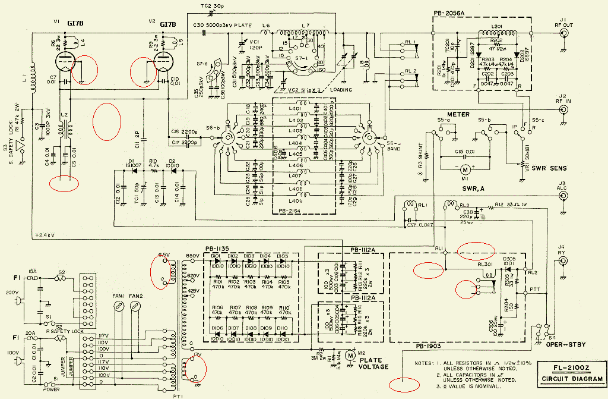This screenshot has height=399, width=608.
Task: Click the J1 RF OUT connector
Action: [563, 34]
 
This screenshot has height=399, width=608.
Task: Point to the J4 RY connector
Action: [563, 260]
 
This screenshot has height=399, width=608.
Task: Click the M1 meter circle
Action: [464, 169]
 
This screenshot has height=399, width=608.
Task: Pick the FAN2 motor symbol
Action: [135, 306]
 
